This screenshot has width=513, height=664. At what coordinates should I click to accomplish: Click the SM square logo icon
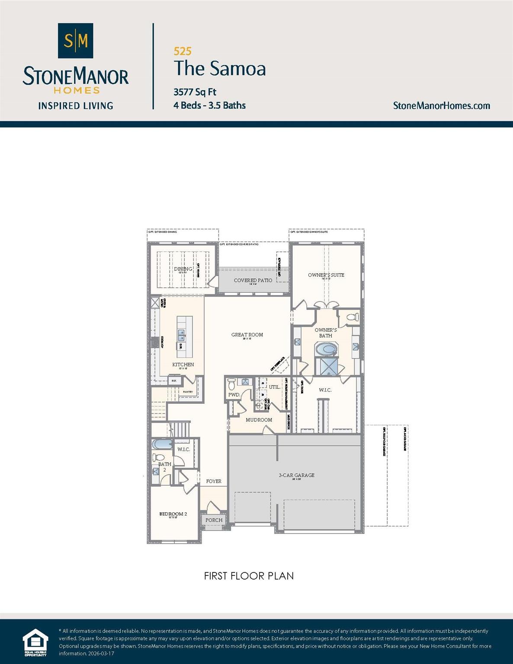tap(76, 41)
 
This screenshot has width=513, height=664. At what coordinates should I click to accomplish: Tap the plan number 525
tap(183, 51)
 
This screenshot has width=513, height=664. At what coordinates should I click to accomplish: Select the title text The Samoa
tap(220, 68)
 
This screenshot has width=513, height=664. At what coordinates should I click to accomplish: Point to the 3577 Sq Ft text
tap(195, 92)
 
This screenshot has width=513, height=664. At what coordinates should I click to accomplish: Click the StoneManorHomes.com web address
tap(441, 105)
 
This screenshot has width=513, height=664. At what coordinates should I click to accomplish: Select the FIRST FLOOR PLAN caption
tap(249, 576)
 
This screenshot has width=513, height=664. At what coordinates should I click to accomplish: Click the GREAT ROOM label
tap(247, 335)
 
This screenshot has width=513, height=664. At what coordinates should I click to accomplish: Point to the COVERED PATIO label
tap(253, 280)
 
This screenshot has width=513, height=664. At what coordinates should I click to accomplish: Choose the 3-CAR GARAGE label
tap(296, 475)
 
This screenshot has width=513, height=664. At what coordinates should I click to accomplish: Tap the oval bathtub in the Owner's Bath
tap(326, 349)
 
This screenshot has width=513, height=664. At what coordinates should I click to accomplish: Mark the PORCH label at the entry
tap(214, 520)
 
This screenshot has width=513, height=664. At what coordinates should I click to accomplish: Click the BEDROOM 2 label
tap(173, 514)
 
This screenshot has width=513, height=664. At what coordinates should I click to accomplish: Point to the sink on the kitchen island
tap(182, 334)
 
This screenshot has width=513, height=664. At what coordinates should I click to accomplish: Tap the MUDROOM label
tap(259, 420)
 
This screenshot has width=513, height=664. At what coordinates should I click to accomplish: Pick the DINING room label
tap(183, 269)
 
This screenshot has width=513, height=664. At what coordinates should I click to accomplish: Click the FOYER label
tap(214, 481)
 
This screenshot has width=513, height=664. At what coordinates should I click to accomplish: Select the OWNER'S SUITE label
tap(326, 275)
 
